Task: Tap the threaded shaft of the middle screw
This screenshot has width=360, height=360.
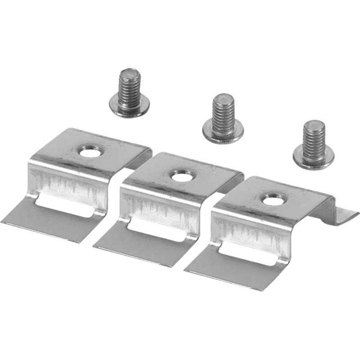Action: pos(224,113)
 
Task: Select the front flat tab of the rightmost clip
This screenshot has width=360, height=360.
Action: pos(229,272)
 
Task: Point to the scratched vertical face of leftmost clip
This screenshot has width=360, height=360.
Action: pos(67,182)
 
